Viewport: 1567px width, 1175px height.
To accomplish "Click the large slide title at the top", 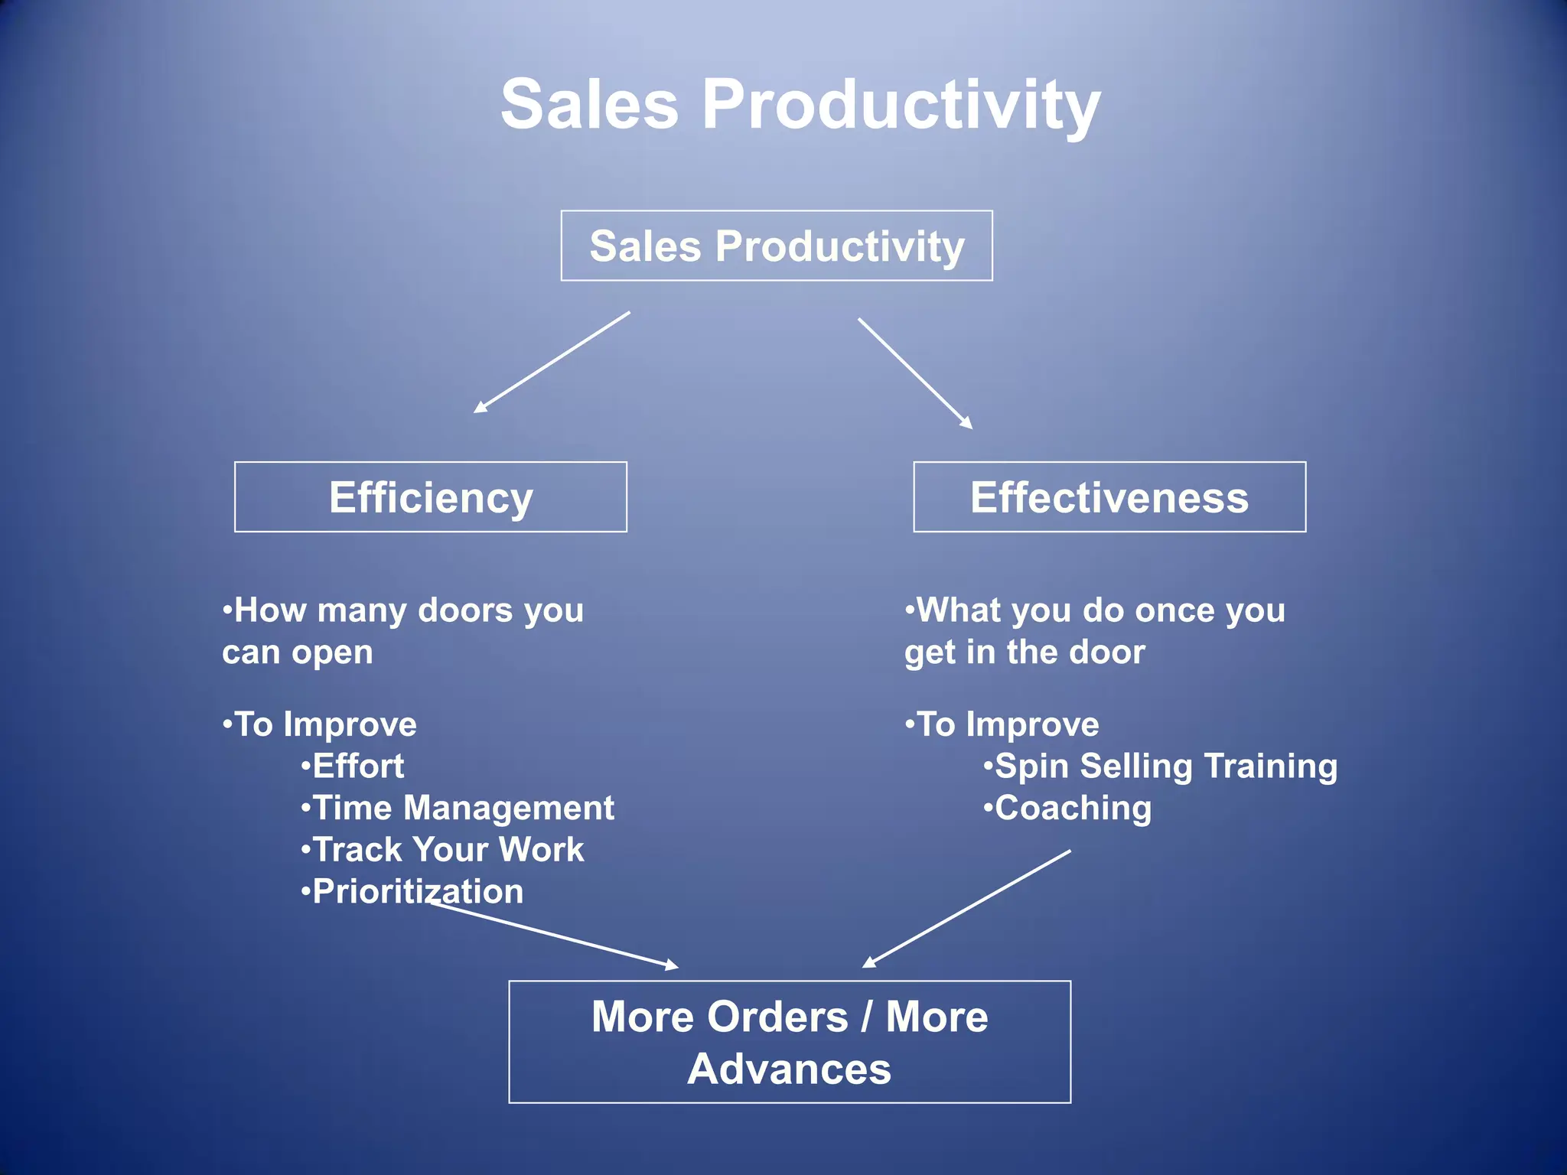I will coord(800,105).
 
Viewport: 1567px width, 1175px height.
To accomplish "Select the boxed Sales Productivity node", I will coord(777,246).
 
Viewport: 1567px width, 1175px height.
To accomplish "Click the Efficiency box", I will coord(431,497).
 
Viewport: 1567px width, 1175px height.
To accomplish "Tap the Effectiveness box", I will coord(1109,497).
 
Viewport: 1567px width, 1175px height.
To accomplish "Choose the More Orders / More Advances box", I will coord(790,1042).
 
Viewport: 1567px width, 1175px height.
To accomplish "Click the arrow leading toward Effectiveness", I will coord(915,373).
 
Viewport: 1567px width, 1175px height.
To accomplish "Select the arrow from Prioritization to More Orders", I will coord(554,936).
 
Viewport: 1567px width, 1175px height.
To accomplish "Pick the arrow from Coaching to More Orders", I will coord(966,909).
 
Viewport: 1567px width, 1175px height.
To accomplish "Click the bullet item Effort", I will coord(358,767).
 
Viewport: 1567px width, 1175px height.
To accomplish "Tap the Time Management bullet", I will coord(463,809).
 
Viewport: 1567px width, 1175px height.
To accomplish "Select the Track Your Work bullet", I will coord(448,850).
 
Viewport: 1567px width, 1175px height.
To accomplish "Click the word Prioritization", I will coord(418,892).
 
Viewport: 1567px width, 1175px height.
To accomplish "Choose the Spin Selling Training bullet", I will coord(1165,767).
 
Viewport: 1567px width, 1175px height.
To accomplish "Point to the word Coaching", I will coord(1073,809).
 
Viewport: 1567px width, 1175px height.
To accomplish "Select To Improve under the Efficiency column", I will coord(325,724).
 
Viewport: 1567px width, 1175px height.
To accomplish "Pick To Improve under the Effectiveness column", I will coord(1008,724).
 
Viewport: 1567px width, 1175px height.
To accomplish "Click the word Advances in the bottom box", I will coord(790,1069).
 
